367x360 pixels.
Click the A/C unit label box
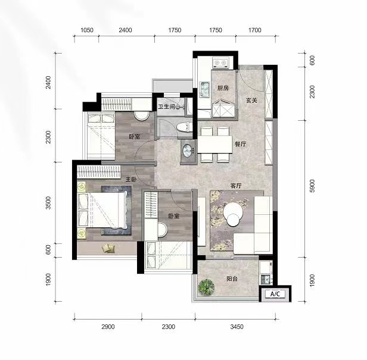click(275, 294)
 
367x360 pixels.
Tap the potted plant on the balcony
click(206, 286)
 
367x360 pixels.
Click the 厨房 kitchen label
click(223, 88)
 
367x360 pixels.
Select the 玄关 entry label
click(251, 101)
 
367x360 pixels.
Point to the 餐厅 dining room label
click(241, 144)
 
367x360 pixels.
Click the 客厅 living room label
click(236, 186)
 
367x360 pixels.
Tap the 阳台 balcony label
click(232, 278)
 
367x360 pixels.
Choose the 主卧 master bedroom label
click(131, 179)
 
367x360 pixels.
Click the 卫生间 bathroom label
click(166, 107)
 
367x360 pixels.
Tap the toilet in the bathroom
click(184, 127)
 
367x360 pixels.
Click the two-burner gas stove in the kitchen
click(220, 63)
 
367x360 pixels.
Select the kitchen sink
click(204, 89)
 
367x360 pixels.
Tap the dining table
click(215, 144)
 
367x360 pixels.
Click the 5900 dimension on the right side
click(312, 186)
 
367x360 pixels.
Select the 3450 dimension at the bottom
click(237, 327)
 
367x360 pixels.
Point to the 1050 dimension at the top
click(87, 30)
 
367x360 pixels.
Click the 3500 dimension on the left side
click(48, 203)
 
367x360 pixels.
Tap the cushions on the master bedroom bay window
click(108, 248)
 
